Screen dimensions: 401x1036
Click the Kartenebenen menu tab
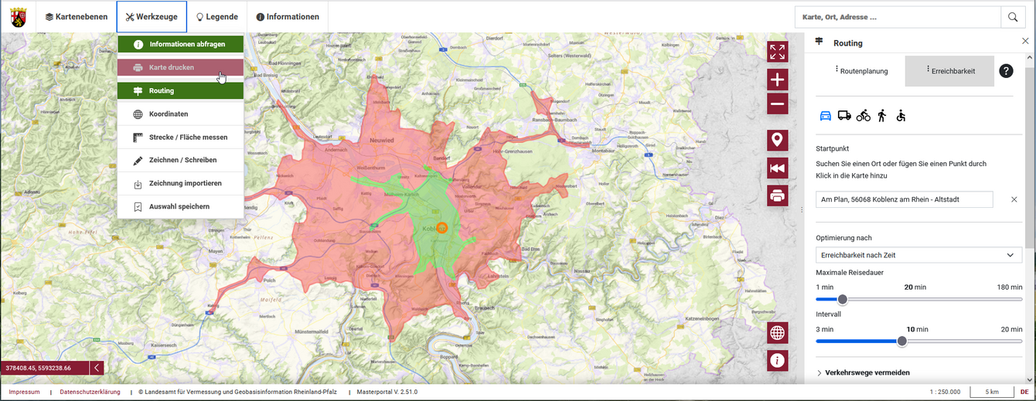(76, 17)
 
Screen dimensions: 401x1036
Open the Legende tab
(216, 17)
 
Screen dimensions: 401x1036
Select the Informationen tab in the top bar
(287, 17)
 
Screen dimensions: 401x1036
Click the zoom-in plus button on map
(778, 80)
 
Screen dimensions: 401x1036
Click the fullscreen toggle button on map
(778, 52)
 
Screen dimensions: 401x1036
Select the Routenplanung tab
(860, 71)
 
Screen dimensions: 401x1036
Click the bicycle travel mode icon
(863, 116)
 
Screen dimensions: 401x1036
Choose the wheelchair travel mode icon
(901, 116)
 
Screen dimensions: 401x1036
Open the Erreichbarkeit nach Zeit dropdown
(918, 255)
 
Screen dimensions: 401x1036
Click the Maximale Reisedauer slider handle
(843, 300)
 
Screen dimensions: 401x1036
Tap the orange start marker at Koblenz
(441, 227)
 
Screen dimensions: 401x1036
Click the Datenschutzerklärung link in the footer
(90, 393)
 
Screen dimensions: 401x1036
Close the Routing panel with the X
(1025, 42)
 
